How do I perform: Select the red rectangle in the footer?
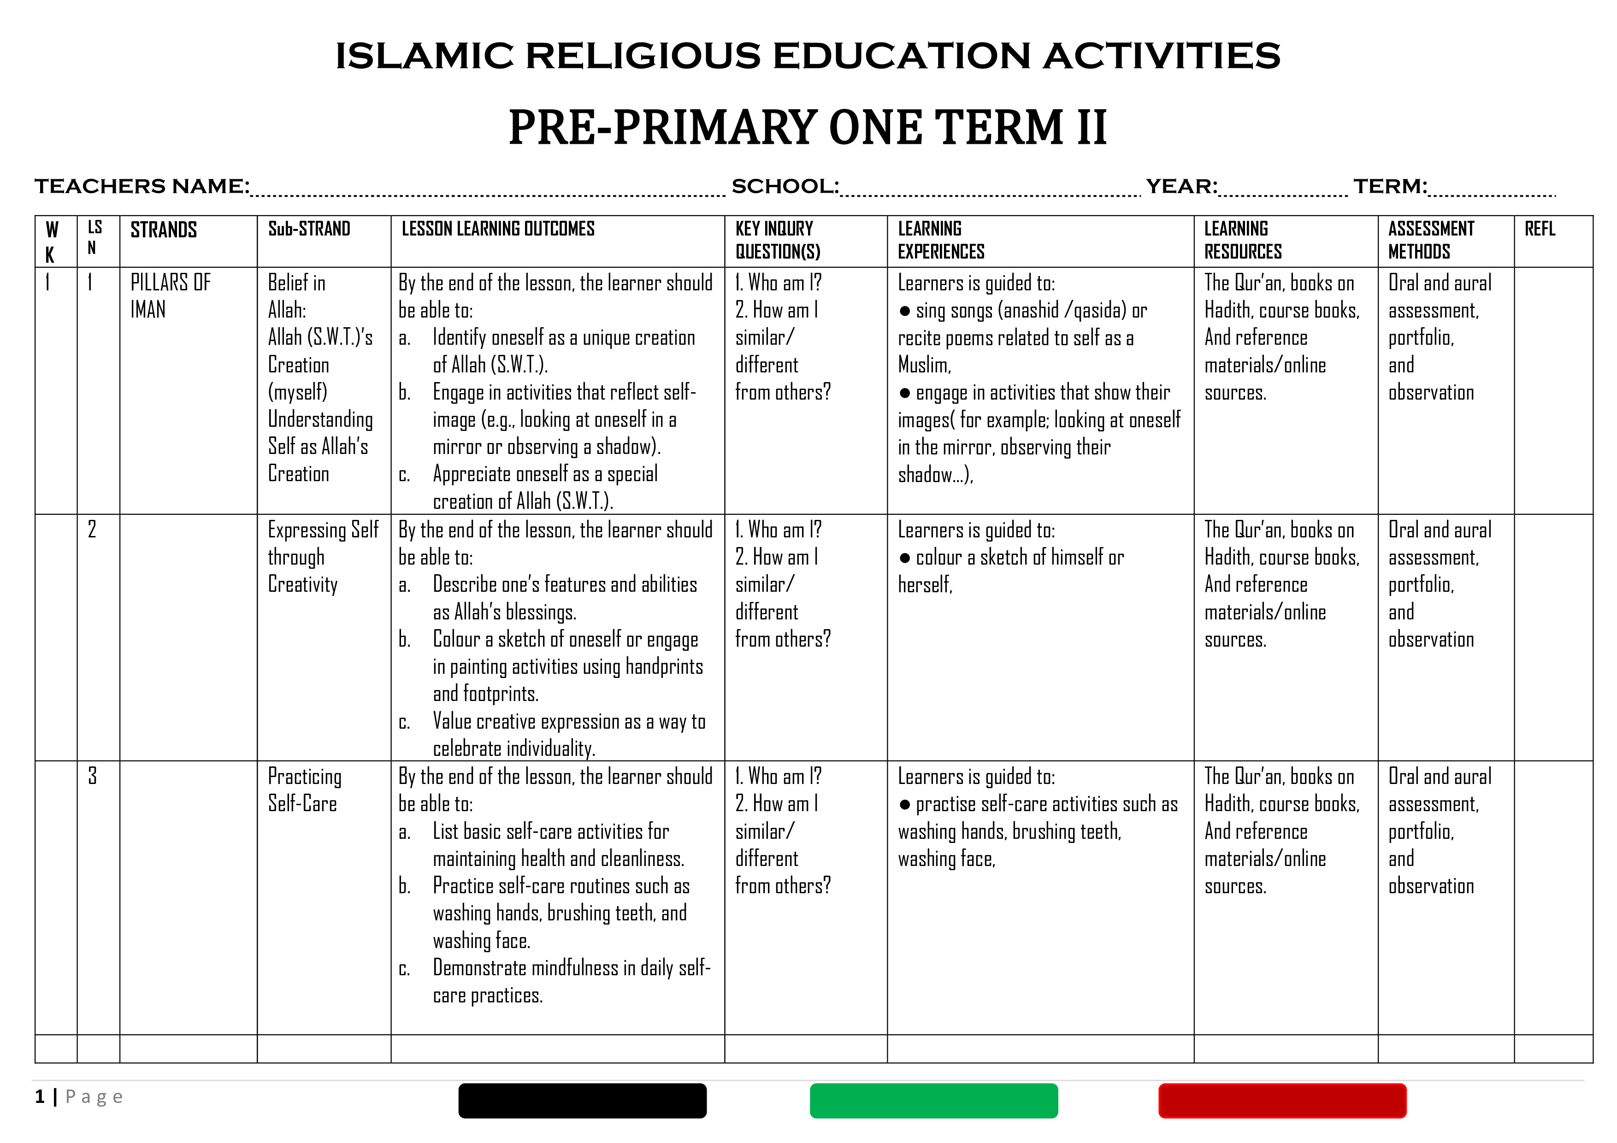pos(1282,1100)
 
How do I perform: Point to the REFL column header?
pos(1540,229)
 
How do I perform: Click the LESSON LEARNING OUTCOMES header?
pos(498,229)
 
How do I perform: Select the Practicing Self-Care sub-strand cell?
pos(304,790)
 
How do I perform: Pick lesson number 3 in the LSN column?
pos(92,776)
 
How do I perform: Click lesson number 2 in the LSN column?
pos(92,530)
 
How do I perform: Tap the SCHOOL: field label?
pos(785,187)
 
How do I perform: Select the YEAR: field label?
pos(1181,187)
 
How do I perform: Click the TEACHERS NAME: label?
pos(142,187)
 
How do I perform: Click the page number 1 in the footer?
pos(40,1096)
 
